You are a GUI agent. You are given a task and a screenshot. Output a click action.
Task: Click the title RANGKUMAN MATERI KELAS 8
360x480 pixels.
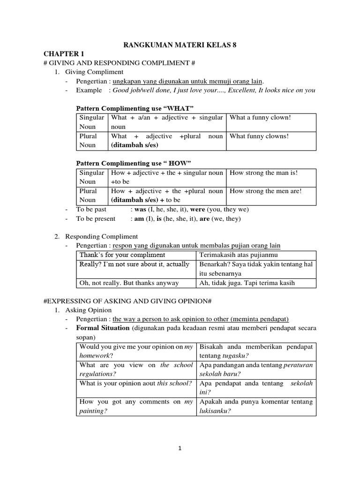(x=180, y=45)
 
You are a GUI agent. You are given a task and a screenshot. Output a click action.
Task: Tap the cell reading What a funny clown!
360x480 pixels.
(x=260, y=117)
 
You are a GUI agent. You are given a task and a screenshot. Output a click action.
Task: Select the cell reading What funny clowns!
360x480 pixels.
(x=259, y=136)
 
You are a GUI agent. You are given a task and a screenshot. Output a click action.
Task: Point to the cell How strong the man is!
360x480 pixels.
(x=263, y=172)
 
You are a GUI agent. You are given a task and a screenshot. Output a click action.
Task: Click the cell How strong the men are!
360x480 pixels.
(x=265, y=191)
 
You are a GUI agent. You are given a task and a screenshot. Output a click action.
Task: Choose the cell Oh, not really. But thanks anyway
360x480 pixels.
(x=129, y=283)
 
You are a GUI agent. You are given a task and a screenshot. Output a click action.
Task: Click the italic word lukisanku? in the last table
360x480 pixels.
(x=215, y=411)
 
